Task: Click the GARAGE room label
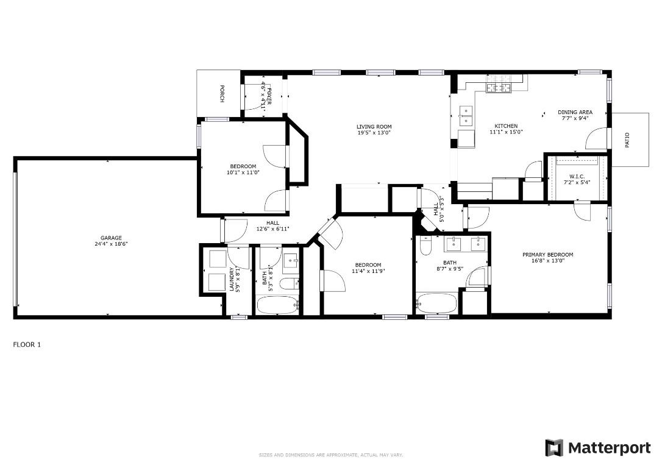point(112,238)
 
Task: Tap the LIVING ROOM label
point(374,127)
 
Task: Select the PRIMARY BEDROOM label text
point(547,255)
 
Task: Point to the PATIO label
point(627,140)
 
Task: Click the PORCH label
point(221,93)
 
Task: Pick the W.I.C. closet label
point(577,176)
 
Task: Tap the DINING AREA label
point(575,112)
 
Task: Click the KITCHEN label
point(506,126)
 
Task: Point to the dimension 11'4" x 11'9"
point(368,271)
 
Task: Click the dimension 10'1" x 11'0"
point(243,172)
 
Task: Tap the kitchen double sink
point(466,112)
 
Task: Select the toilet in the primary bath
point(425,244)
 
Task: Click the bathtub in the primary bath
point(436,302)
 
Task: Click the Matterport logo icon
point(554,448)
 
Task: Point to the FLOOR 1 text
point(27,344)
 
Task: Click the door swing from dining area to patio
point(596,139)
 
